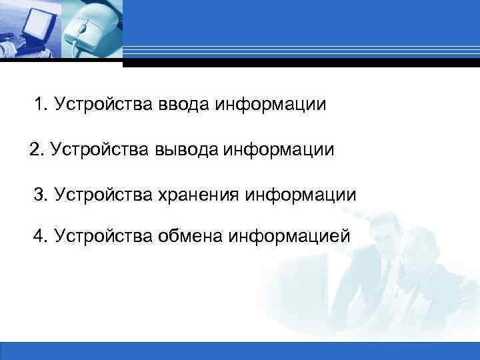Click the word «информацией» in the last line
click(289, 236)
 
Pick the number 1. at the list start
click(43, 105)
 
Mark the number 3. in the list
click(42, 195)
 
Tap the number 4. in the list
click(42, 236)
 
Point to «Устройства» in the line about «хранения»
click(104, 195)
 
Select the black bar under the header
click(300, 63)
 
